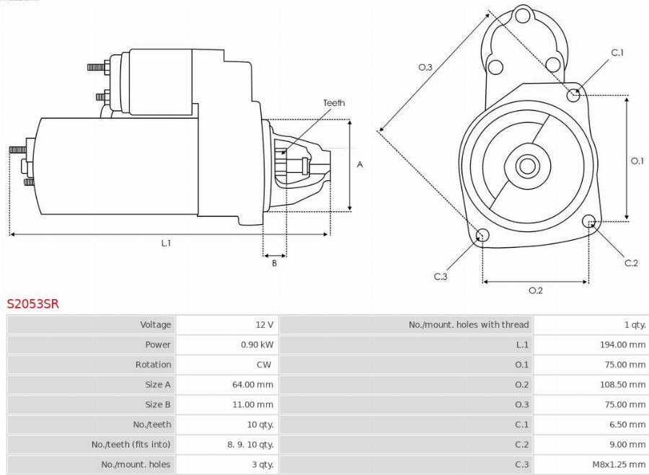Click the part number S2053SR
33,304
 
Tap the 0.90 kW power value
257,345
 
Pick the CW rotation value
264,365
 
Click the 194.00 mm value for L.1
622,345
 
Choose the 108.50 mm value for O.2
622,385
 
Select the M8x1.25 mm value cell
617,464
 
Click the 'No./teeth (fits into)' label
131,445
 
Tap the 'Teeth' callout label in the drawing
334,103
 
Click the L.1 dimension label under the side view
166,244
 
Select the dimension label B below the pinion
274,263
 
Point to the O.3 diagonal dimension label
425,67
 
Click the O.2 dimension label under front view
535,290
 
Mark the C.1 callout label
617,53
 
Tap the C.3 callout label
441,277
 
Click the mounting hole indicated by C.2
588,221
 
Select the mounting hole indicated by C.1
574,94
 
